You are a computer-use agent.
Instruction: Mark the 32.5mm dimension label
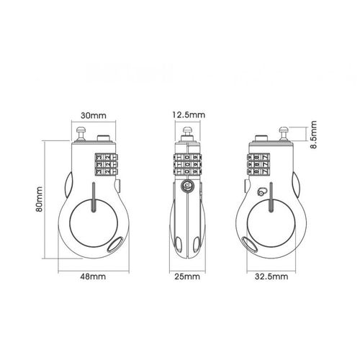click(271, 275)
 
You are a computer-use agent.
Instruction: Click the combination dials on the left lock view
click(104, 163)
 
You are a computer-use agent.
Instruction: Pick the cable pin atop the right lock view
click(282, 132)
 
